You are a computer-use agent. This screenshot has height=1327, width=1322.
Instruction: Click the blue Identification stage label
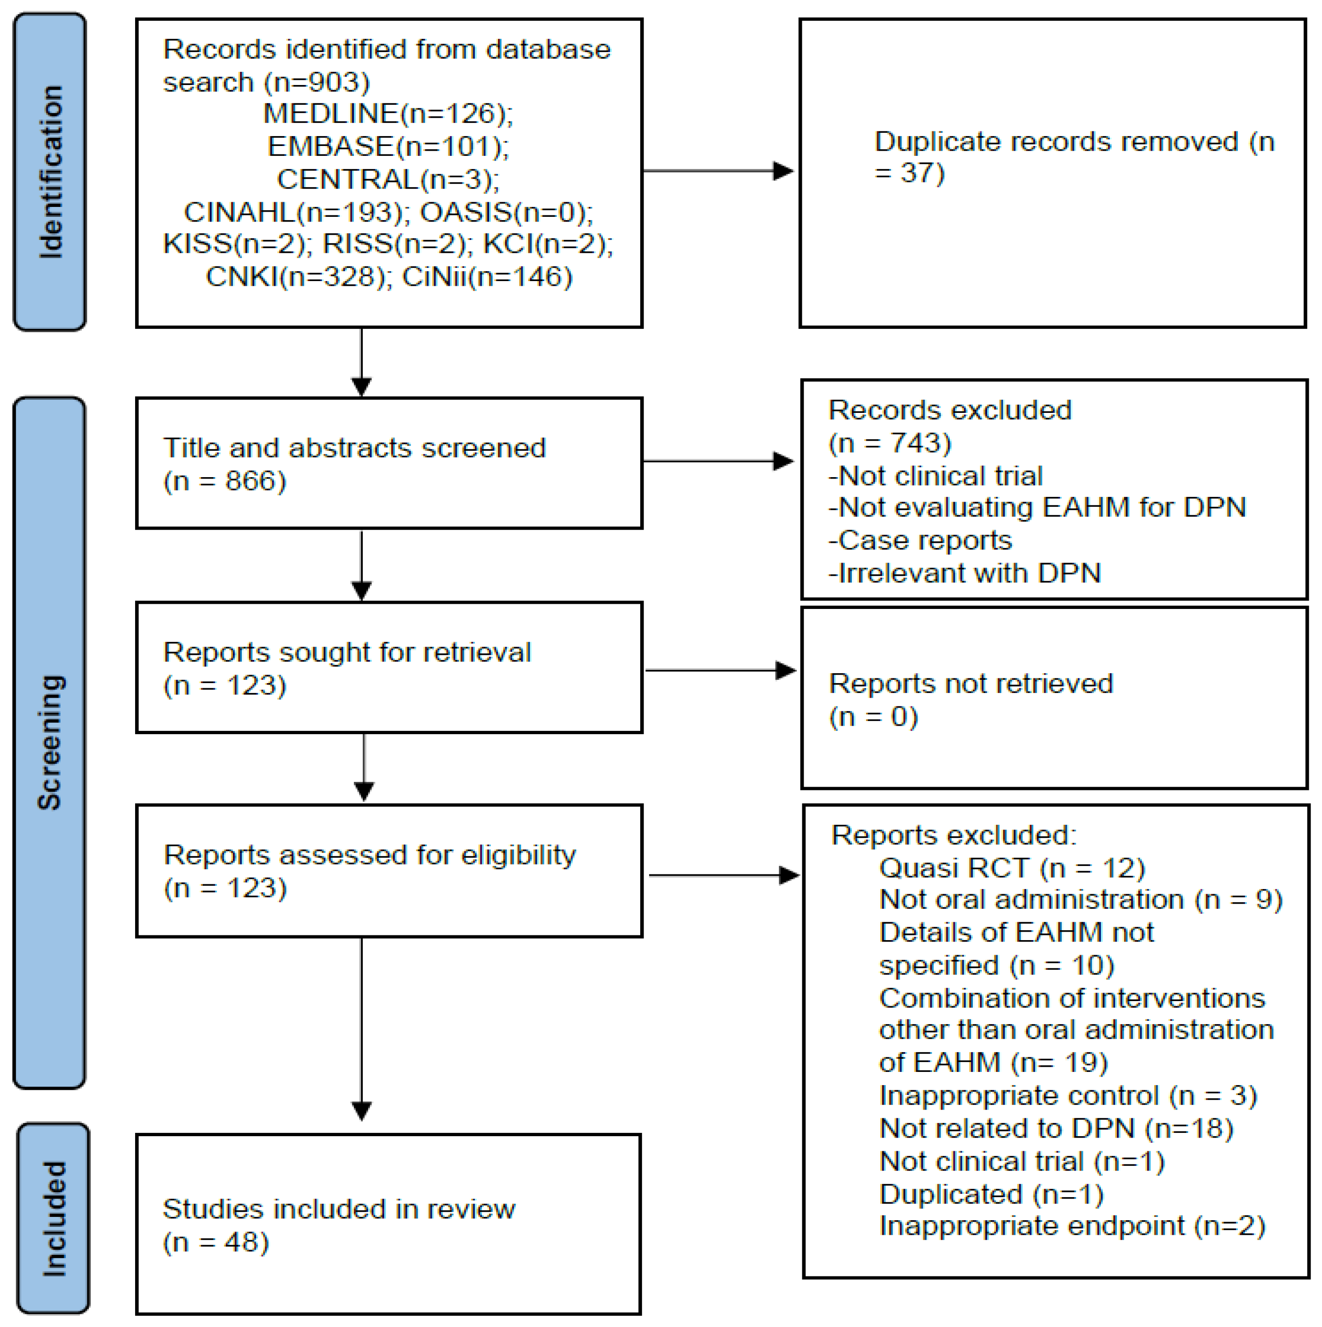coord(50,171)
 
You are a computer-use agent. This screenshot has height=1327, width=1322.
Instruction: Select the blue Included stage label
coord(53,1219)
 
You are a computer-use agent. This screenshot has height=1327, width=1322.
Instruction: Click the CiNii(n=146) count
coord(487,277)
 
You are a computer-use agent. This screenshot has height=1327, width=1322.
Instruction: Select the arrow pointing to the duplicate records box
coord(718,171)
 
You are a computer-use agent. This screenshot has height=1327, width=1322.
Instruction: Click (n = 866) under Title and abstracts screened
coord(225,481)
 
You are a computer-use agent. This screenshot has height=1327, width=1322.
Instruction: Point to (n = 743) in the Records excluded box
coord(890,443)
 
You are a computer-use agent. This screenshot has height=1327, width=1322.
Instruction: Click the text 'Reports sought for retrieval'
coord(347,652)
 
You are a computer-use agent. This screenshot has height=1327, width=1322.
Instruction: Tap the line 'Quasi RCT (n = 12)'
coord(1012,868)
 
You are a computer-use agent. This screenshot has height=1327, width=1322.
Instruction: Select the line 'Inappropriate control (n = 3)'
coord(1068,1096)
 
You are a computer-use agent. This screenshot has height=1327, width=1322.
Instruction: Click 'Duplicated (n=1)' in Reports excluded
coord(991,1194)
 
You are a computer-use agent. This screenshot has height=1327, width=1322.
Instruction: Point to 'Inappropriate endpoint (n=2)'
coord(1072,1226)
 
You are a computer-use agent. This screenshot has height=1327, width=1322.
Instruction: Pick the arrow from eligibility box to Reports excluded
coord(723,876)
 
